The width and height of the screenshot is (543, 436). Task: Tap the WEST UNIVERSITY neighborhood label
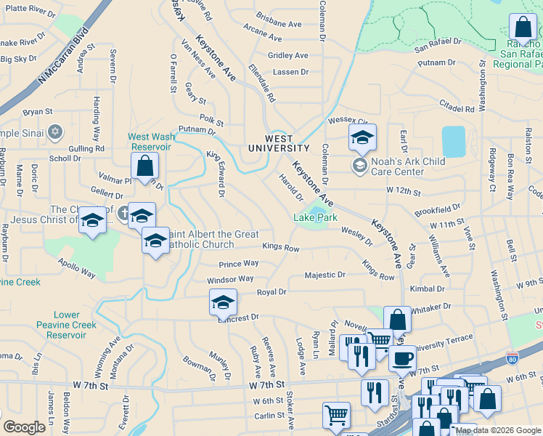(x=279, y=143)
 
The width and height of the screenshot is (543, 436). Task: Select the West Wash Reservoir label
(x=150, y=141)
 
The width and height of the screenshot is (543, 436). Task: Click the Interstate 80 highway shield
(x=512, y=358)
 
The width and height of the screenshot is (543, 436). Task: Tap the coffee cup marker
(x=402, y=357)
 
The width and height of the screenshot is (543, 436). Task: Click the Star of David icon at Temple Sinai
(x=54, y=132)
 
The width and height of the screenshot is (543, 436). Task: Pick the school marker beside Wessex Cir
(x=362, y=136)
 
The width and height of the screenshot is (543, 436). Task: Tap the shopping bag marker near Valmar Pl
(x=145, y=166)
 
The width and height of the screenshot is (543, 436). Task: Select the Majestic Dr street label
(x=324, y=275)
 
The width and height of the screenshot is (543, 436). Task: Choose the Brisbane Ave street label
(x=279, y=24)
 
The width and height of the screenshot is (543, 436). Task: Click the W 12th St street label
(x=404, y=190)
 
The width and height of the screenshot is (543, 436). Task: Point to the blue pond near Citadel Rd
(x=453, y=142)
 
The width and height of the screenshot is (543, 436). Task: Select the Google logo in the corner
(x=24, y=427)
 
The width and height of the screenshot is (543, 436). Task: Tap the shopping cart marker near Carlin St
(x=335, y=416)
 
